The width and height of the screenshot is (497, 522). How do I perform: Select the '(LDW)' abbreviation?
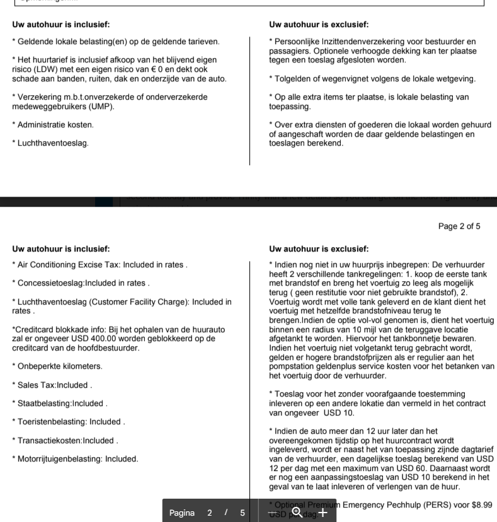pos(37,69)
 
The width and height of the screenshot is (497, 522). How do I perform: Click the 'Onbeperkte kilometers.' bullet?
pos(58,366)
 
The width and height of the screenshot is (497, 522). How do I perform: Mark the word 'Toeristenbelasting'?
pos(51,422)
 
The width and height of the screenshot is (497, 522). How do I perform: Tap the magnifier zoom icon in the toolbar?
pos(296,512)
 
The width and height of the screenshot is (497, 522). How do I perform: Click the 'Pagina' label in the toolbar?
pos(183,513)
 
